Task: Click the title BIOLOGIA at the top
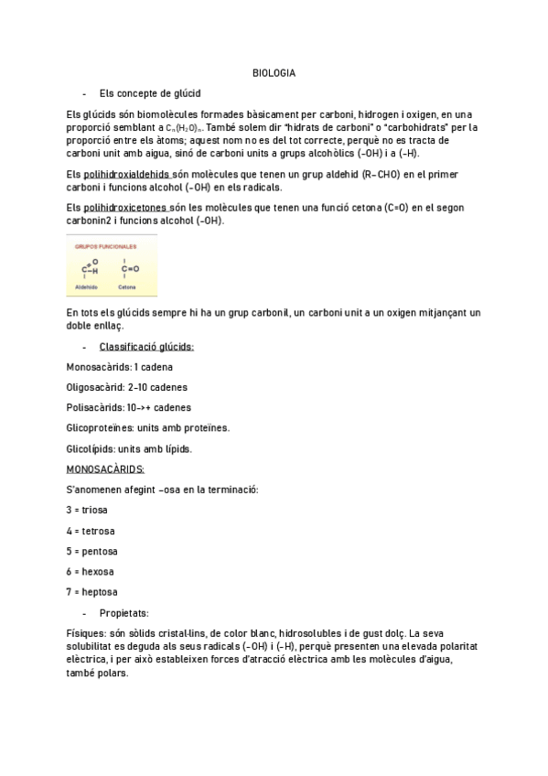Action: tap(274, 73)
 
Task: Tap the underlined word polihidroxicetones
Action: tap(125, 209)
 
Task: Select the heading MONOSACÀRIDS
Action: tap(104, 469)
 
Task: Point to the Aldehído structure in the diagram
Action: tap(90, 270)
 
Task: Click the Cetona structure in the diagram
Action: tap(129, 269)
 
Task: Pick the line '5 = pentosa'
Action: tap(93, 551)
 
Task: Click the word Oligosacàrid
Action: tap(96, 387)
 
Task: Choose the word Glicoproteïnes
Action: tap(103, 427)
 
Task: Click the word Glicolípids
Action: tap(91, 448)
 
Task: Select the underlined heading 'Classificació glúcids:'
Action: tap(146, 347)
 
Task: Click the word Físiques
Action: tap(85, 633)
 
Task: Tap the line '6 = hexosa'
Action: tap(92, 572)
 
